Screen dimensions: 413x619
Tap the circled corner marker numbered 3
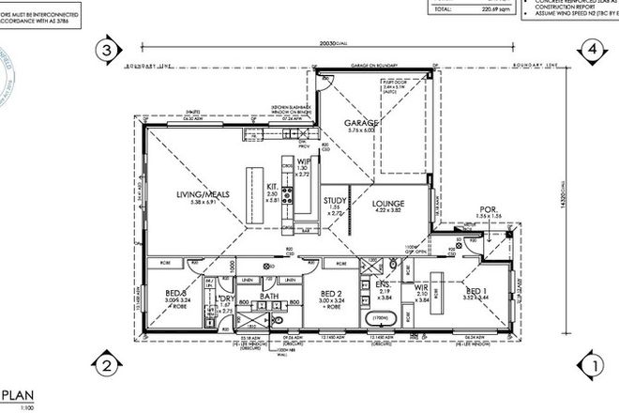[x=108, y=50]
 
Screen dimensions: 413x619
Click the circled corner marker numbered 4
[x=592, y=50]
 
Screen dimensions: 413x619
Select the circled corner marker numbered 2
[x=108, y=364]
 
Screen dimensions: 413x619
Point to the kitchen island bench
[x=252, y=193]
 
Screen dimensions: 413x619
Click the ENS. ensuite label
[x=383, y=284]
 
